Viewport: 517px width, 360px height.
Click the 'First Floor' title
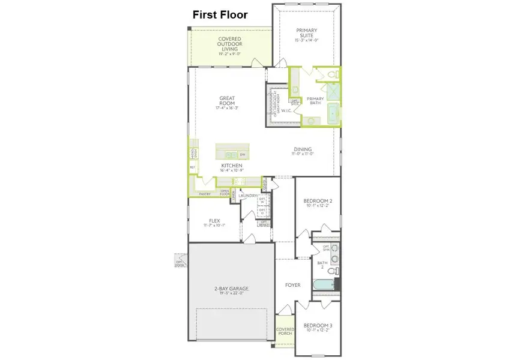point(220,15)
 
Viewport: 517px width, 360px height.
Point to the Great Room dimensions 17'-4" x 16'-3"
point(227,108)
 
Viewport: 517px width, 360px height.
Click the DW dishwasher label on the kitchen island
point(243,154)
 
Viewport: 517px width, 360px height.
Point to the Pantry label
point(204,194)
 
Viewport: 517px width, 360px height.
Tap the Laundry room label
point(247,196)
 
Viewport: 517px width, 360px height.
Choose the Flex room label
point(214,220)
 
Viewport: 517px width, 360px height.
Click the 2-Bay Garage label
point(231,289)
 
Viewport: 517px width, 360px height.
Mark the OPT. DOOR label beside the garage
point(179,262)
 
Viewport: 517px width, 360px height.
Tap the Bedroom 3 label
point(318,326)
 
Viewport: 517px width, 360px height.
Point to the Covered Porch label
point(284,332)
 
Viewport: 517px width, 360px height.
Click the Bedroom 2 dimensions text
point(318,206)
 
